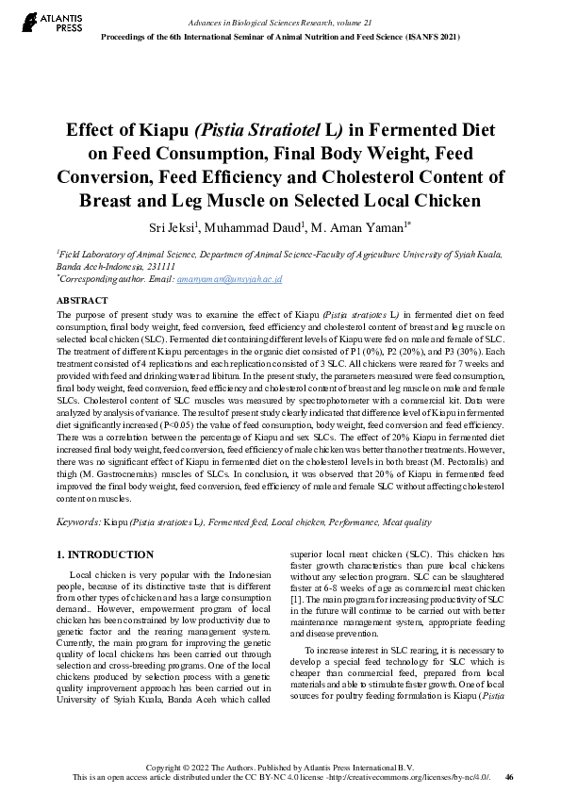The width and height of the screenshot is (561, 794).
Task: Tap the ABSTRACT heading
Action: (83, 300)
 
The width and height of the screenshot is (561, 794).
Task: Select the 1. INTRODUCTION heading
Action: (105, 554)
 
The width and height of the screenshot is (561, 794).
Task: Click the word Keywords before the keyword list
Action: (78, 521)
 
